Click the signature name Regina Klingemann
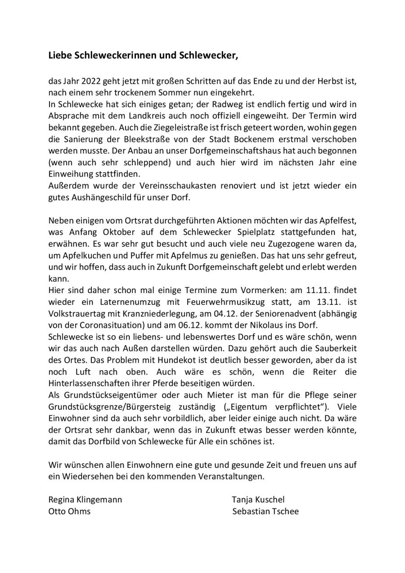click(85, 500)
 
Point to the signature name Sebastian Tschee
click(265, 511)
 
